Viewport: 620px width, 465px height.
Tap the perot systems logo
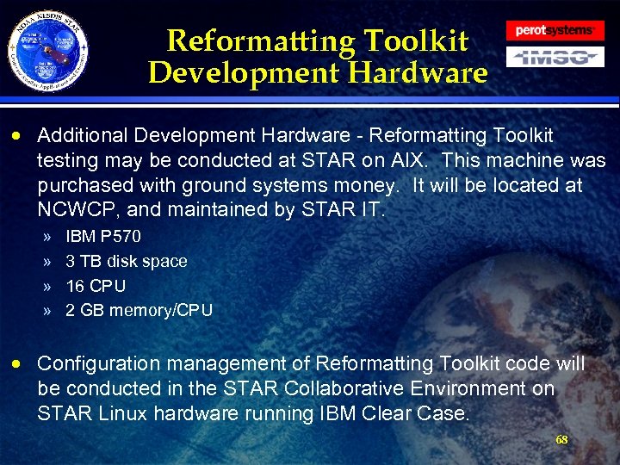click(x=555, y=30)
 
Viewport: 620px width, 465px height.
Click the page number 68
click(x=561, y=440)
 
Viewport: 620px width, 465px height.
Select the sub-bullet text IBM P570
click(x=103, y=236)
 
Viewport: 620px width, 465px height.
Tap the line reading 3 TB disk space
click(x=126, y=261)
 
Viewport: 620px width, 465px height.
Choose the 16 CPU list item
click(x=96, y=286)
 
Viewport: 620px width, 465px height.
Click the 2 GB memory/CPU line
click(x=139, y=310)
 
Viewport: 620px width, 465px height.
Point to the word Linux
click(x=114, y=413)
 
